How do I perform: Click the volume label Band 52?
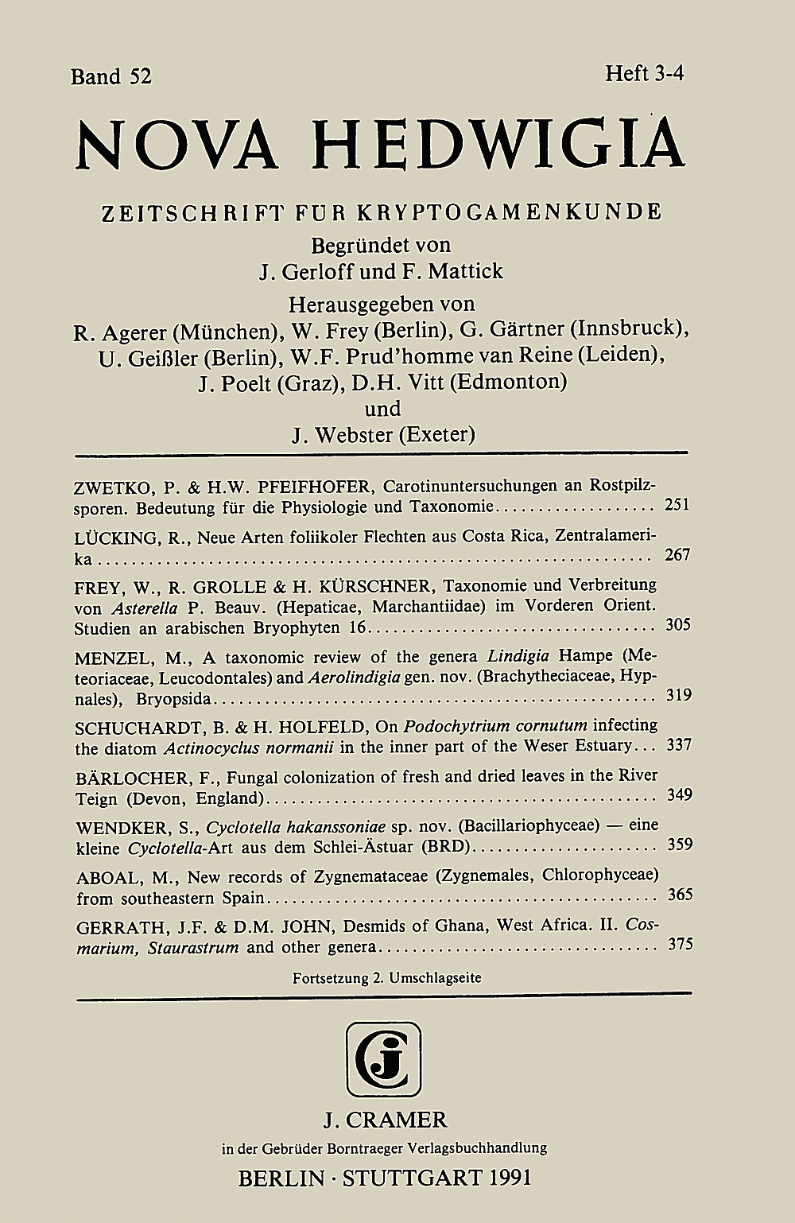click(111, 76)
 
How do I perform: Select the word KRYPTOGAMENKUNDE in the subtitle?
click(509, 212)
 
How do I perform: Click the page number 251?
click(677, 506)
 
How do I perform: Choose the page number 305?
click(677, 625)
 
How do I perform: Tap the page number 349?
click(677, 794)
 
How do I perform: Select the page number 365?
click(677, 895)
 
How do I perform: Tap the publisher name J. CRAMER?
click(385, 1120)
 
